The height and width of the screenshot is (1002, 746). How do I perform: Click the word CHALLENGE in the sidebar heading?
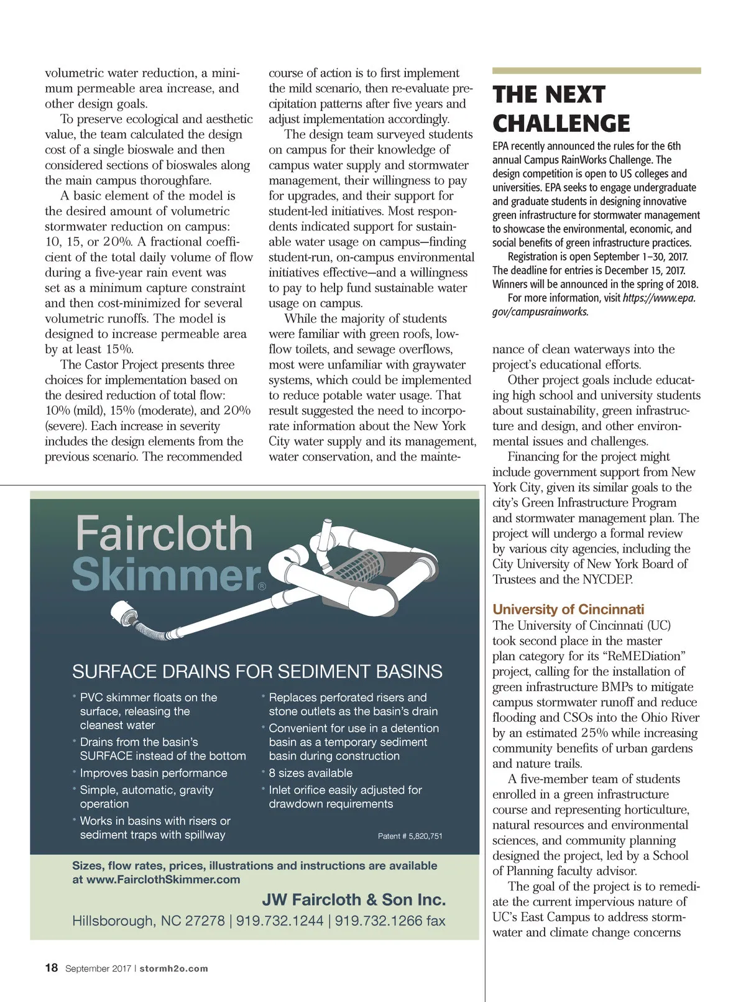[x=561, y=124]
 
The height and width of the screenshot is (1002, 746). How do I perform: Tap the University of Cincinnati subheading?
[x=568, y=609]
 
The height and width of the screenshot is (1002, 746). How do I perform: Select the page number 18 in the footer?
[x=52, y=968]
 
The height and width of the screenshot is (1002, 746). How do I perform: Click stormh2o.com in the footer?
[x=174, y=968]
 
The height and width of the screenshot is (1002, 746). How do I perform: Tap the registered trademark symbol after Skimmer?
[x=262, y=586]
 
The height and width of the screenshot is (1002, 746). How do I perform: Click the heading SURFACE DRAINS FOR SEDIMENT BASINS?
[x=257, y=671]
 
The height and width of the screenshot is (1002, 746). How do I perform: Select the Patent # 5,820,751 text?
[x=410, y=836]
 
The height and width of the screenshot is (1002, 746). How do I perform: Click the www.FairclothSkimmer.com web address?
[x=163, y=880]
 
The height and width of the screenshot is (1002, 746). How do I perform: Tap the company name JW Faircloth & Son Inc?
[x=354, y=899]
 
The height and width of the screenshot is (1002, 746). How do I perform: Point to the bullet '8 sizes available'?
[x=310, y=773]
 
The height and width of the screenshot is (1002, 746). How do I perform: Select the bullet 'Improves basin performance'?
[x=154, y=773]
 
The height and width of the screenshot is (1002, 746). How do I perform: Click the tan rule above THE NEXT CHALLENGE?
[x=596, y=71]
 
